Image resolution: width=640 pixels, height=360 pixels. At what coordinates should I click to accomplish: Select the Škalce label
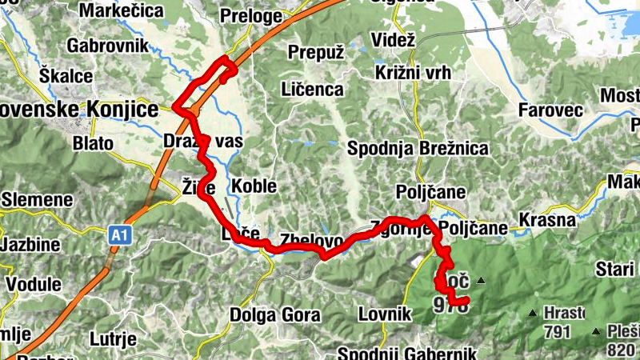[x=67, y=77]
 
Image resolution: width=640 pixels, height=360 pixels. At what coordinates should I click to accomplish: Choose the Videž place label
[x=394, y=40]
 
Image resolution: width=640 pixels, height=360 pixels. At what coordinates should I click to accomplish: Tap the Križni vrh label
[x=412, y=72]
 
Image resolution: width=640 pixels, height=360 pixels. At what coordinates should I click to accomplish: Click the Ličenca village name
[x=312, y=90]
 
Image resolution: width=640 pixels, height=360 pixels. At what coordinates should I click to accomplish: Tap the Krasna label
[x=547, y=220]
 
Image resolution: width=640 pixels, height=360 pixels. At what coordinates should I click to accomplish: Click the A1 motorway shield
[x=119, y=235]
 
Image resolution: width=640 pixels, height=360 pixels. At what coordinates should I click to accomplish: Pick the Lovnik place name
[x=384, y=314]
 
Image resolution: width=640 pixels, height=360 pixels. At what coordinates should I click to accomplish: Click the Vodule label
[x=33, y=284]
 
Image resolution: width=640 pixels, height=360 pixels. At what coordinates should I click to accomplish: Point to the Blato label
[x=93, y=143]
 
